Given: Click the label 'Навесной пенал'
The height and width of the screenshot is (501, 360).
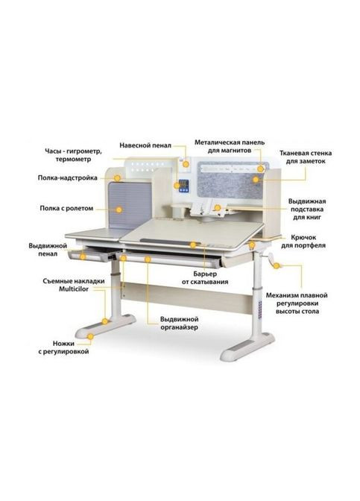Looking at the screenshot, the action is coord(145,145).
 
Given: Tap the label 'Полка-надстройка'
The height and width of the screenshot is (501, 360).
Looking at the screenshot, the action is coord(67,177).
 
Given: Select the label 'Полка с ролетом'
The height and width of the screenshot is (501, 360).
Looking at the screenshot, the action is coord(66,208).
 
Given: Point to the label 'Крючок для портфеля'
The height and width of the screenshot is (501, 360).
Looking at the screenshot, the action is coord(303,242).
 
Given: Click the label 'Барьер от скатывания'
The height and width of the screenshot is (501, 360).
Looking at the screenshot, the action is coord(205,278).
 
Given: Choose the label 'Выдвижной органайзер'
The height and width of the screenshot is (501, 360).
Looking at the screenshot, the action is coord(179,323).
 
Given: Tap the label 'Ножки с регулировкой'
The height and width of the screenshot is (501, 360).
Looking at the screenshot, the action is coord(63,347).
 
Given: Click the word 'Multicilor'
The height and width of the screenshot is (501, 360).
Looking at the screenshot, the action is coord(74,289).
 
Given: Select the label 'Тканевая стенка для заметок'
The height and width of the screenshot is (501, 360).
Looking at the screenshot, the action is coord(306,157).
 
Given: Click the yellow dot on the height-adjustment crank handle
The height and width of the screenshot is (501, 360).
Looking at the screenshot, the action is coord(277,265).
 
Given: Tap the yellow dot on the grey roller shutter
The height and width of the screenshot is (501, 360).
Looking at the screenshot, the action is coord(119,209).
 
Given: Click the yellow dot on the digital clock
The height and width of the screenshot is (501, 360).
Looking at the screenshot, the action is coord(177,186).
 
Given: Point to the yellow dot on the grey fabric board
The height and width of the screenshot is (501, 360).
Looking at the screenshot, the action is coord(256,180).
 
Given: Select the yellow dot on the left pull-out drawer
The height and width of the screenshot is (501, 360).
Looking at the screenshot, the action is coord(83,256).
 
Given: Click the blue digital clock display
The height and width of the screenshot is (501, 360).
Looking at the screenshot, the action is coord(184,186).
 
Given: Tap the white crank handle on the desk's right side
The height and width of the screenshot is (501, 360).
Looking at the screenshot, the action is coord(269,259).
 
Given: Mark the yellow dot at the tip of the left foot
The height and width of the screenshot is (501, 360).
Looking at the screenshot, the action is coord(90,336).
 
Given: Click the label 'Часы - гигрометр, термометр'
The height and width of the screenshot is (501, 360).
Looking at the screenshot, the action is coord(73,155).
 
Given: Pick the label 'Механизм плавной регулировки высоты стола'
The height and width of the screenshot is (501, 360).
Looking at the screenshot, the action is coord(297,303).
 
